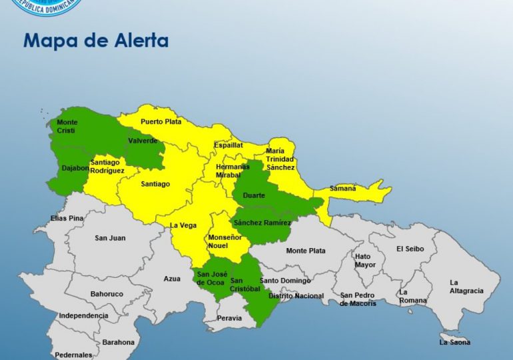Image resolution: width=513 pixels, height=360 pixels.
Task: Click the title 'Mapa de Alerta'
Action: [96, 41]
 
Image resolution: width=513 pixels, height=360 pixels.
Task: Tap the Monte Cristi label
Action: [67, 126]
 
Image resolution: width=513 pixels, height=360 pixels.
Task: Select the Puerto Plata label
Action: [161, 122]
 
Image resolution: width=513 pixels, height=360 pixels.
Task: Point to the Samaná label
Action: [343, 189]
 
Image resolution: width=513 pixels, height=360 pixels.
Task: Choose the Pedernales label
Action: [73, 355]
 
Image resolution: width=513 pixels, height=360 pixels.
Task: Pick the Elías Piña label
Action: [67, 218]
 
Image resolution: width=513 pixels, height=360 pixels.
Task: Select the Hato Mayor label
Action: [364, 260]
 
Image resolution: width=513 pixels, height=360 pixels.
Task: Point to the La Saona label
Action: [454, 342]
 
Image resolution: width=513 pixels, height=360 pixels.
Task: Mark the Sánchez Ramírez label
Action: [262, 222]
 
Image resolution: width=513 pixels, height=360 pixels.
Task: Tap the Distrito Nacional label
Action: [296, 295]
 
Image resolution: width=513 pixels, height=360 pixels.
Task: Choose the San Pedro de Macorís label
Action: [358, 299]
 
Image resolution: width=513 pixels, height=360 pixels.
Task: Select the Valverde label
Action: [143, 141]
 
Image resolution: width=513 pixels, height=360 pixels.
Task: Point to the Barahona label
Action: [118, 342]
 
